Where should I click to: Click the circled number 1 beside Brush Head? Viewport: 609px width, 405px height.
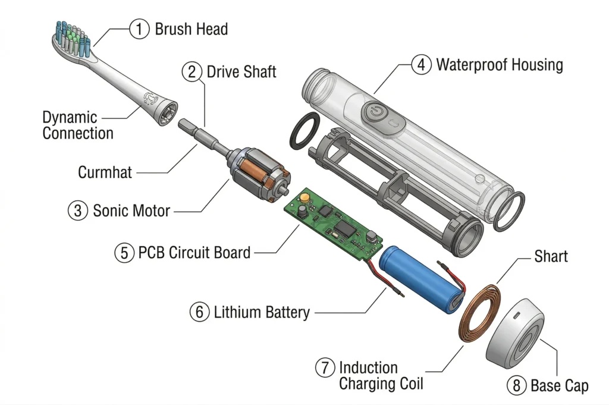[x=139, y=29]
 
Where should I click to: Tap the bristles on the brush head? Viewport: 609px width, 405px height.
[x=71, y=37]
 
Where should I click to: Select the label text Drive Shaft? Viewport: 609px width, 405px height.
[x=241, y=72]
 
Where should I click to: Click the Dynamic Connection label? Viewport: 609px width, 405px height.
[x=77, y=124]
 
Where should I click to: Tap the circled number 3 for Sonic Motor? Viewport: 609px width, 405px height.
[x=77, y=211]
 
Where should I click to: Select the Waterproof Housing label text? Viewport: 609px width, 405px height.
[x=499, y=64]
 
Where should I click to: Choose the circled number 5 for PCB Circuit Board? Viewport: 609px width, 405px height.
[x=124, y=252]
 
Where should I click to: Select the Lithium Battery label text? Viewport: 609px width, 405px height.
[x=261, y=311]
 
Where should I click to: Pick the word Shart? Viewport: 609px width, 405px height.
[x=551, y=256]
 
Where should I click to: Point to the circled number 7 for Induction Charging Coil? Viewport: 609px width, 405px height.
[x=325, y=368]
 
